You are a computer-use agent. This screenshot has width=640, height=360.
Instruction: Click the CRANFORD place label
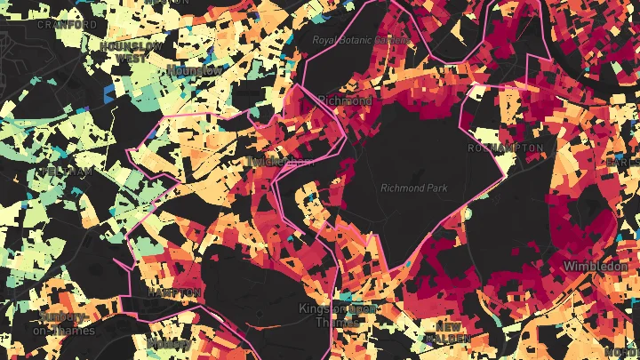tap(67, 25)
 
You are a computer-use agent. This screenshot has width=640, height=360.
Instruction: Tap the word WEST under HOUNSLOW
tap(131, 57)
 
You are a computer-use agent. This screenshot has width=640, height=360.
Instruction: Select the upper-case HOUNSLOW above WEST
tap(131, 45)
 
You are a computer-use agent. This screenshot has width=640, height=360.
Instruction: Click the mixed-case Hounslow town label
tap(195, 69)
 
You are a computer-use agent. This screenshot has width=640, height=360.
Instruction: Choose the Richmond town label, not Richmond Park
tap(344, 100)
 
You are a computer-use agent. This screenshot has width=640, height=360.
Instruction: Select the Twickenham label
tap(282, 162)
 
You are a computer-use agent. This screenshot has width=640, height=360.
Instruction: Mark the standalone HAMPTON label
tap(174, 292)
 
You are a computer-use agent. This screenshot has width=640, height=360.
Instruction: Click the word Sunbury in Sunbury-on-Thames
tap(61, 317)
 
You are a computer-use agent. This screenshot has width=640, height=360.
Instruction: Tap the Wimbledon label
tap(596, 266)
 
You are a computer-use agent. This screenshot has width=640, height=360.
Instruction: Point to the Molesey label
tap(166, 342)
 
